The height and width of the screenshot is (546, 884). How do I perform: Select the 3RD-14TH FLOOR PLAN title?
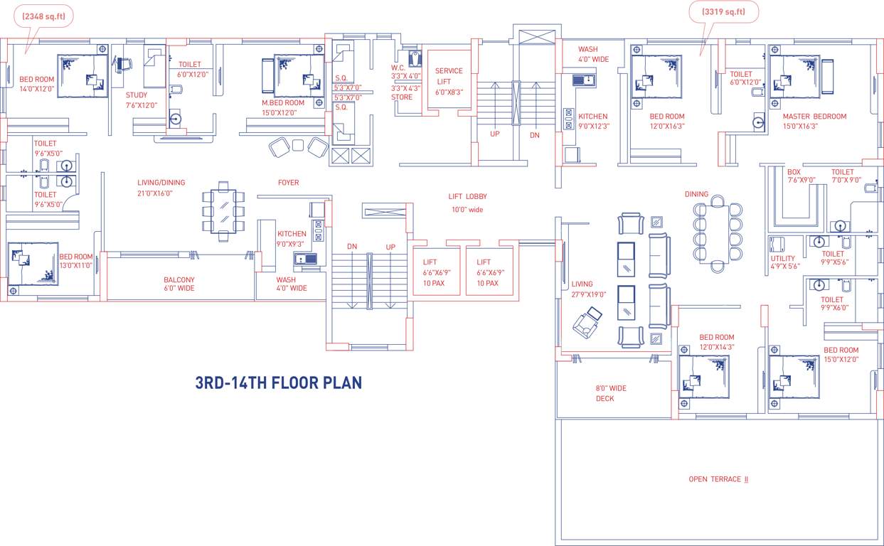point(278,382)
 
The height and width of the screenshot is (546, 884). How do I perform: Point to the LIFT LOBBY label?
point(467,203)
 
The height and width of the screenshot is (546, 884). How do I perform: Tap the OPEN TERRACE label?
point(718,479)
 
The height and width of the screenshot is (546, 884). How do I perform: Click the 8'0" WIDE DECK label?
point(611,393)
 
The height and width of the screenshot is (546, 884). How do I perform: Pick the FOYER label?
point(288,183)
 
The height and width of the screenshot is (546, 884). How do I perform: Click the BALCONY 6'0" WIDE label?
point(179,284)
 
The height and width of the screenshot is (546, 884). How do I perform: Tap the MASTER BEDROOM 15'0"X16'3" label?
point(814,121)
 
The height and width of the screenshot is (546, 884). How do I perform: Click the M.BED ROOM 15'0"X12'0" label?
point(282,107)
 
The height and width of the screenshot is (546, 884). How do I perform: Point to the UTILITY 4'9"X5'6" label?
point(784,262)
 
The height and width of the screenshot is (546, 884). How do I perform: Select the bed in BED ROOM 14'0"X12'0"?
point(82,75)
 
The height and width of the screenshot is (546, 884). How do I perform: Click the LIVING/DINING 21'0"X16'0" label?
point(155,188)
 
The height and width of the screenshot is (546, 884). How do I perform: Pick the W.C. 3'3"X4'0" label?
point(405,71)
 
